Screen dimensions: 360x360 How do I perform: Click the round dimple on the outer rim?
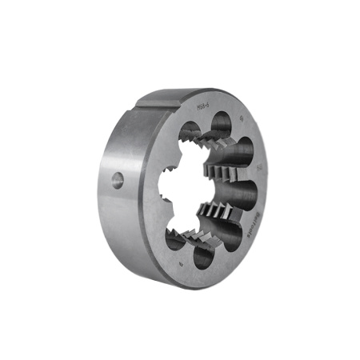(x=118, y=180)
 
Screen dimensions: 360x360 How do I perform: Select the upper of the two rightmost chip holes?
(x=245, y=150)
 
